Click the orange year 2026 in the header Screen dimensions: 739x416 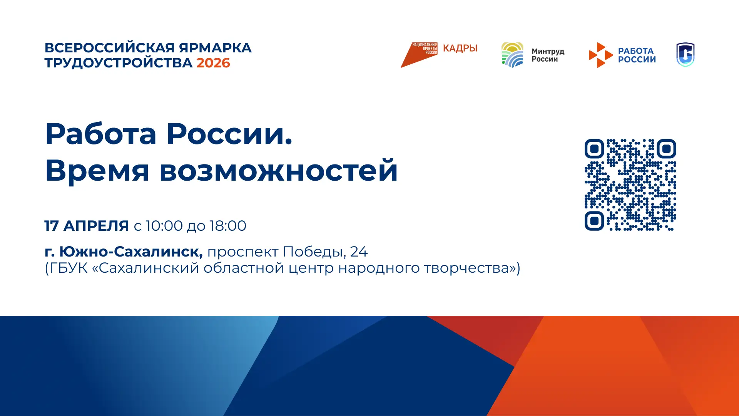pos(213,63)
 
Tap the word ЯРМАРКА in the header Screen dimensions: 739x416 pos(215,48)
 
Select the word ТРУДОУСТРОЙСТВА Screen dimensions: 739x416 pos(119,63)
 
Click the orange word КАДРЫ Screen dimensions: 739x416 pos(460,48)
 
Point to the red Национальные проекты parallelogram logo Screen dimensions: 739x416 pos(419,55)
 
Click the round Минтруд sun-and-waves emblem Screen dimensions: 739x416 pos(512,55)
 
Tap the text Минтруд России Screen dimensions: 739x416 pos(548,55)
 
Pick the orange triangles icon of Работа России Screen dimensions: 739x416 pos(600,55)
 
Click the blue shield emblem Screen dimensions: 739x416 pos(685,55)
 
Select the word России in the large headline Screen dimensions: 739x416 pos(229,134)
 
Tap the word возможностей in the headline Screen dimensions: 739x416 pos(279,170)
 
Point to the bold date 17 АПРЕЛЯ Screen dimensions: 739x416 pos(87,226)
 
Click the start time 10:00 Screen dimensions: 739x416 pos(164,226)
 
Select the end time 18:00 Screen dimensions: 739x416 pos(227,226)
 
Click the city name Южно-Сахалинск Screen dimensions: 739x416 pos(131,252)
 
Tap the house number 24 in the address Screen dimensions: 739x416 pos(359,252)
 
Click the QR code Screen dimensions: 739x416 pos(630,185)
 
